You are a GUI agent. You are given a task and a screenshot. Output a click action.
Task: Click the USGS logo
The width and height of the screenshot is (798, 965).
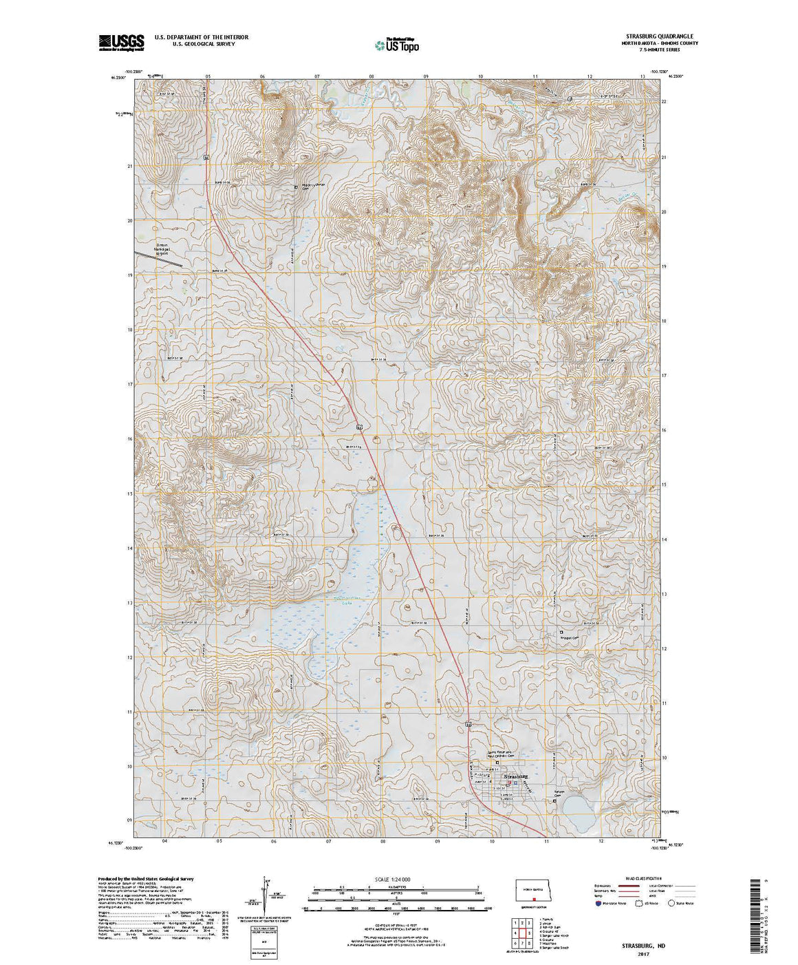point(121,43)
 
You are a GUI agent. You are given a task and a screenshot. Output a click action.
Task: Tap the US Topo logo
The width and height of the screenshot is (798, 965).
point(396,45)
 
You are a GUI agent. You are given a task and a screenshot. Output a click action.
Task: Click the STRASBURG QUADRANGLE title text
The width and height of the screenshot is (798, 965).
point(660,36)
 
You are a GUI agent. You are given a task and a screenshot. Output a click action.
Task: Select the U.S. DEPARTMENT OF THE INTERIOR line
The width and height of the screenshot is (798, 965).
point(201,36)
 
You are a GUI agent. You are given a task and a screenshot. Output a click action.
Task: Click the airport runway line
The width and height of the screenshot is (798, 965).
point(158,257)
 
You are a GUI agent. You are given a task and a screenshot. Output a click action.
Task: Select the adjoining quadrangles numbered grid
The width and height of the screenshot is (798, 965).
point(522,933)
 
